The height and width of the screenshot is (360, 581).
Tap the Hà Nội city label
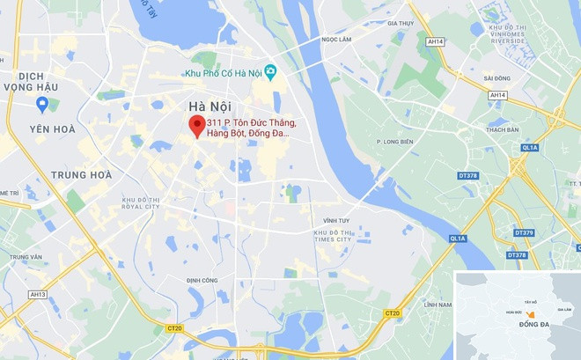[x=210, y=107]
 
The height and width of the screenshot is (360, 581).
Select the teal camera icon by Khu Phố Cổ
[x=270, y=71]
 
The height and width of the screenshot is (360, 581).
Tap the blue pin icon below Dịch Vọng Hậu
[x=41, y=104]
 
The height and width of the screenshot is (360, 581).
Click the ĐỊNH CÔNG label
[x=202, y=281]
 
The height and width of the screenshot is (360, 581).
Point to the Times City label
[x=333, y=236]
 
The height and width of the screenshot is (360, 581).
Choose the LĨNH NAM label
[x=437, y=305]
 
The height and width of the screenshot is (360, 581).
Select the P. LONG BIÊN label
[x=394, y=141]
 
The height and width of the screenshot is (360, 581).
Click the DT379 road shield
[x=523, y=232]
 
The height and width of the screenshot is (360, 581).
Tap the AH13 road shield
[x=38, y=294]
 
